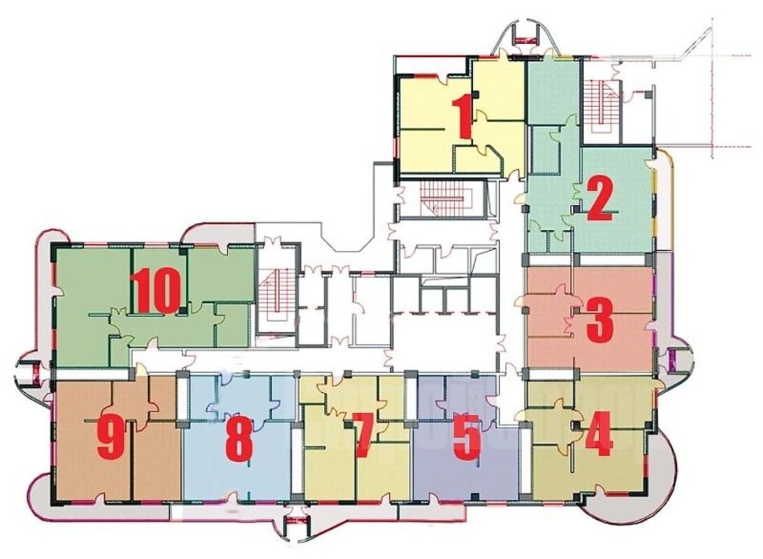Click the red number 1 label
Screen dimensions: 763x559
tap(462, 117)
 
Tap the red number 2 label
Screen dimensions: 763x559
tap(599, 198)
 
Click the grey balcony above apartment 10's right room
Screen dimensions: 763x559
tap(218, 236)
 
